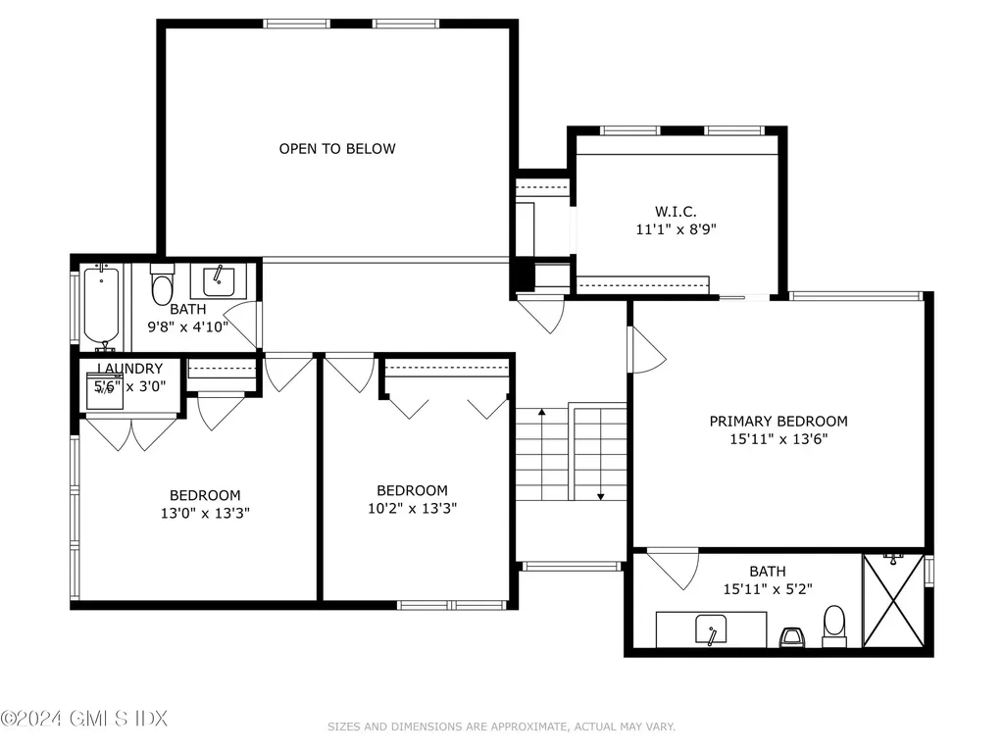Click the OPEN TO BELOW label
coord(337,149)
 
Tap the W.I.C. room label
coord(676,211)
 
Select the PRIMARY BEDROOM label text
coord(778,422)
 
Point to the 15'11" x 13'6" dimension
coord(778,439)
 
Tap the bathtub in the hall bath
coord(102,305)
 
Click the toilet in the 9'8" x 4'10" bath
coord(162,285)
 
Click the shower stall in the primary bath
coord(893,601)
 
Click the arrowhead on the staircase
coord(599,495)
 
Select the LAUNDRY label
coord(129,369)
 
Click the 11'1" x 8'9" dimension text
coord(676,229)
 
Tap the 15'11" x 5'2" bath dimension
coord(768,589)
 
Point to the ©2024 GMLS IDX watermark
coord(84,719)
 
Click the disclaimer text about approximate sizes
coord(501,727)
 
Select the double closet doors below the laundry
coord(130,433)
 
